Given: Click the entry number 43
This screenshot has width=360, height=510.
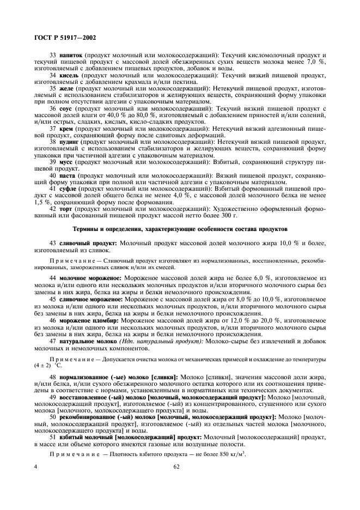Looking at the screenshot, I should [x=53, y=242].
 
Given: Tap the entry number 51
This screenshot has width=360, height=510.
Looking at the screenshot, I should [x=53, y=437].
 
